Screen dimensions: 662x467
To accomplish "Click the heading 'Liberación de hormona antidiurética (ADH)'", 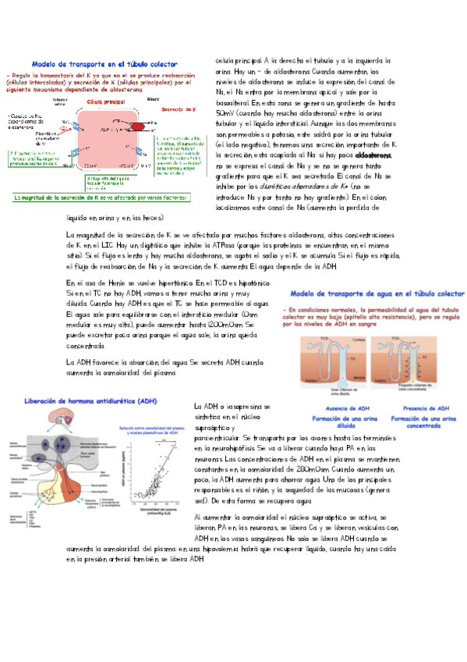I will click(90, 401).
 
